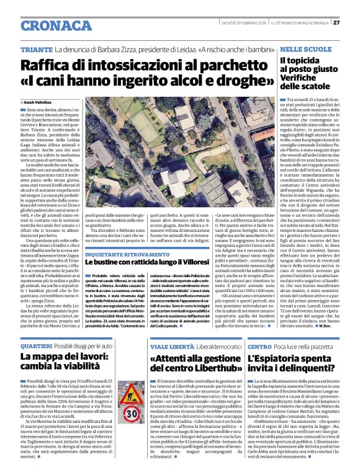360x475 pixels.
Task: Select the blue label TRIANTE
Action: tap(35, 49)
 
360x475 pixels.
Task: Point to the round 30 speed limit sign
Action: tap(132, 415)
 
